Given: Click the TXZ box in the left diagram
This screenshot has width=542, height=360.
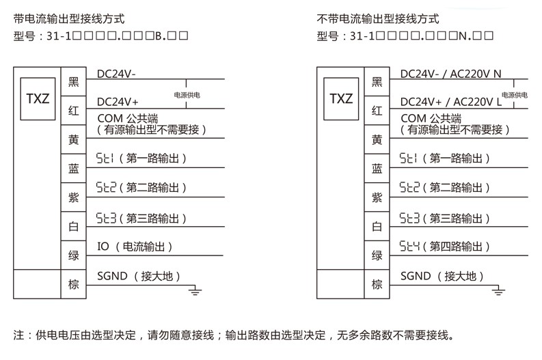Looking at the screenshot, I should point(38,98).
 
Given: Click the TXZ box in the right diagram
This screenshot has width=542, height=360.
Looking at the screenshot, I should point(341,98).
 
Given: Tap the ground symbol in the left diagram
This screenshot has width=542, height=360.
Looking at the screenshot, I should point(195,292).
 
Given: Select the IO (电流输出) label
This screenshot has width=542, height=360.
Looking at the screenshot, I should point(135,247).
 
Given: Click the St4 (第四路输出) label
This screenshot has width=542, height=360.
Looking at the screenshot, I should point(445,247).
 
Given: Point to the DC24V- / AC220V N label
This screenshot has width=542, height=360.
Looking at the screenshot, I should point(450,74).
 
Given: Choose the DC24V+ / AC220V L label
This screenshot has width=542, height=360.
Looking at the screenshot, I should point(450,101).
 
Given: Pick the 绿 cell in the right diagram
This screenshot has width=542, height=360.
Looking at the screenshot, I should point(377,255).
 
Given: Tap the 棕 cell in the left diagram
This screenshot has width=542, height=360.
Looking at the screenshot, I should point(74,284).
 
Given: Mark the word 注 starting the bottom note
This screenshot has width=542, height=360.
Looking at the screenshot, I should point(18,335).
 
